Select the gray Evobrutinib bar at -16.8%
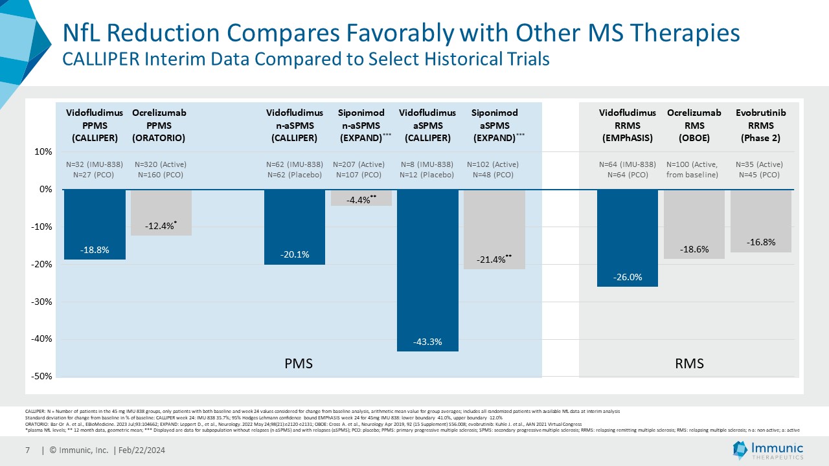pyautogui.click(x=760, y=220)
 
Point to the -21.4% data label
pyautogui.click(x=494, y=259)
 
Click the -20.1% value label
pyautogui.click(x=295, y=256)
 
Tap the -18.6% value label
pyautogui.click(x=694, y=249)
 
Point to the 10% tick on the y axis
pyautogui.click(x=43, y=152)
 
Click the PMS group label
pyautogui.click(x=299, y=364)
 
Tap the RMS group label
pyautogui.click(x=689, y=364)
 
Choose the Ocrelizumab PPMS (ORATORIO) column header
pyautogui.click(x=159, y=126)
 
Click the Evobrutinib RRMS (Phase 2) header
pyautogui.click(x=761, y=126)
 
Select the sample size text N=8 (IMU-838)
pyautogui.click(x=427, y=164)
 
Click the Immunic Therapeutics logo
pyautogui.click(x=767, y=450)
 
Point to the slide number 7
pyautogui.click(x=28, y=450)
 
